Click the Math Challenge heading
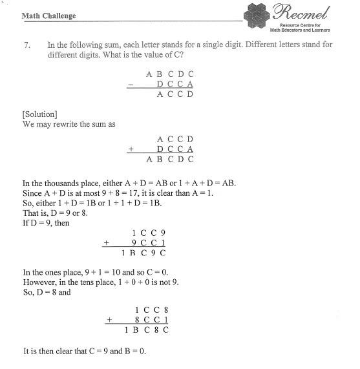48,16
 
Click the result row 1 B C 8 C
147,330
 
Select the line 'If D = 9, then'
46,223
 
